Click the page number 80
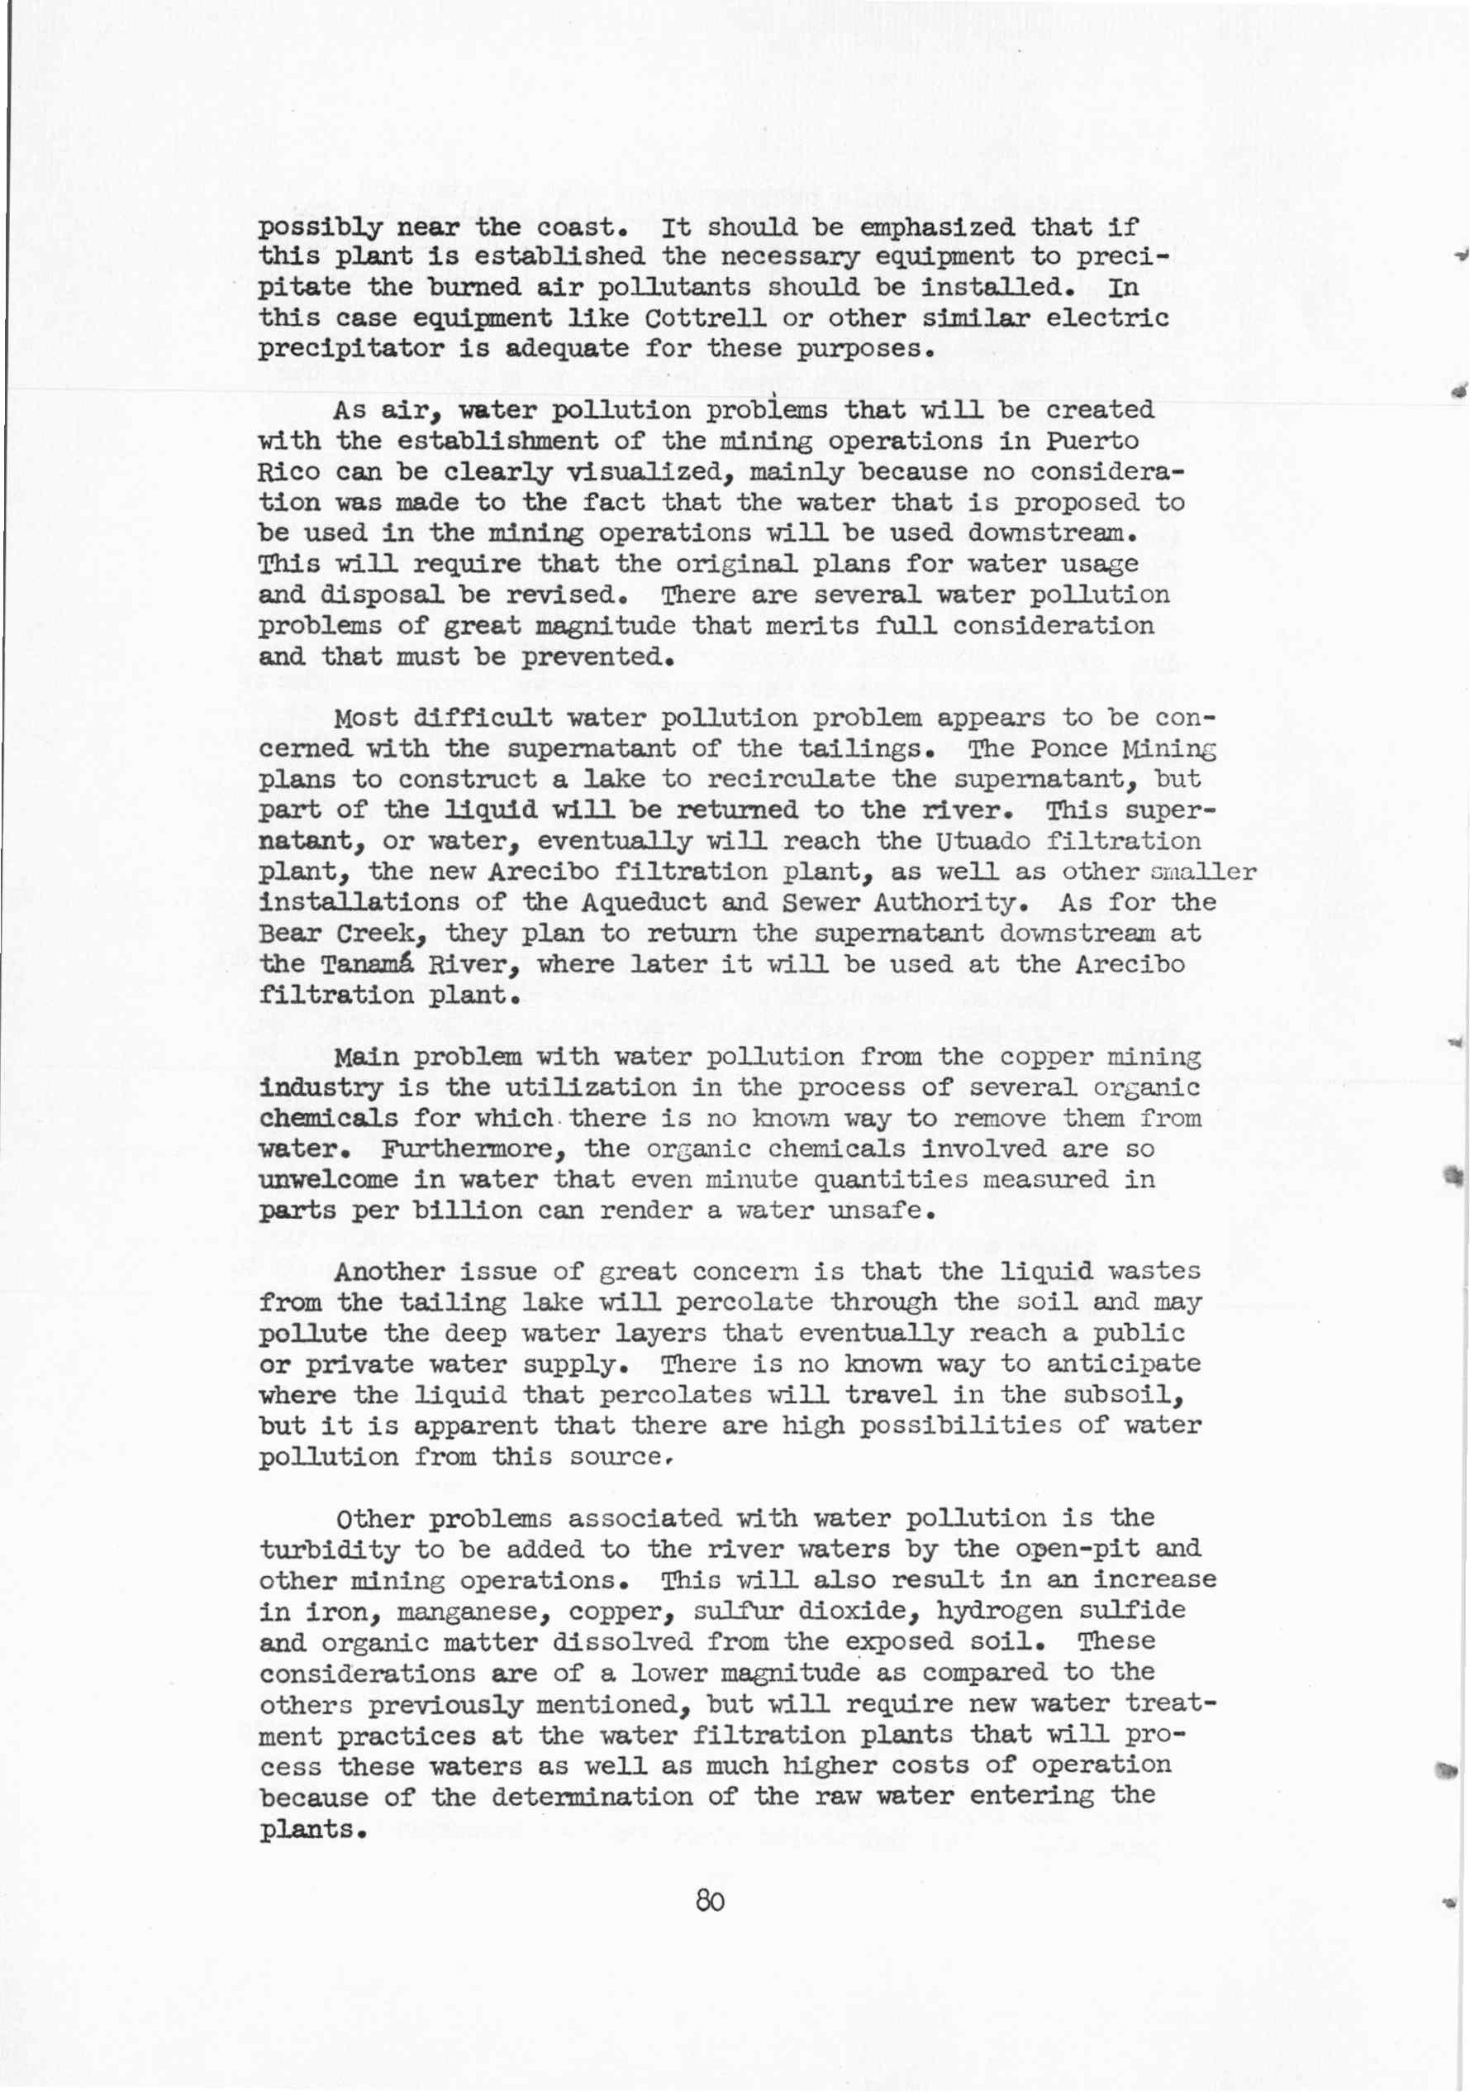[x=710, y=1902]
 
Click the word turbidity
[x=330, y=1549]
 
